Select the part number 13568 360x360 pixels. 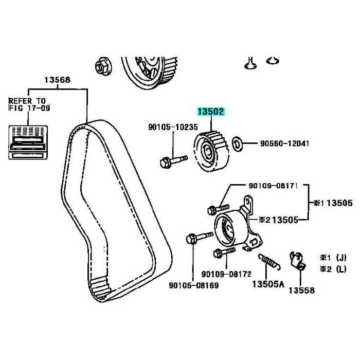click(57, 80)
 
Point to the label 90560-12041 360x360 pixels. click(281, 143)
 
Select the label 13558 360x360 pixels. click(300, 291)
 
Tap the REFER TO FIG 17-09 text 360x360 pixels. click(27, 104)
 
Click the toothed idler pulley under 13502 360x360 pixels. click(209, 150)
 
